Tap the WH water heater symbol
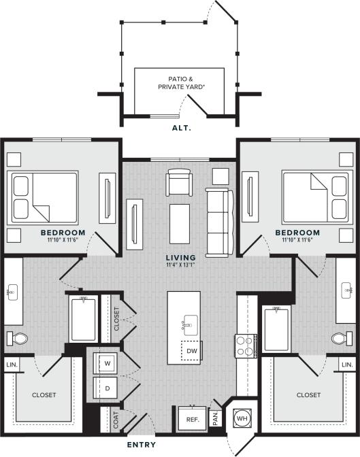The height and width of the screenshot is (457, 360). click(242, 418)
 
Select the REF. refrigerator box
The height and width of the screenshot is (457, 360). click(192, 420)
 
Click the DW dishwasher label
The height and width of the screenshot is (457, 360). click(192, 351)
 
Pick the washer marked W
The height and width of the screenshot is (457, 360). click(108, 363)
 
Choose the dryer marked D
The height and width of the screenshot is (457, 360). click(108, 388)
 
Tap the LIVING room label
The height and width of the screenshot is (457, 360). click(180, 257)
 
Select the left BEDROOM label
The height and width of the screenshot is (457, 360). click(61, 233)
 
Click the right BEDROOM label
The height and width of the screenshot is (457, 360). click(297, 233)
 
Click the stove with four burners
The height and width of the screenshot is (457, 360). click(245, 345)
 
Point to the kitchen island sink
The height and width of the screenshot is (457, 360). click(189, 324)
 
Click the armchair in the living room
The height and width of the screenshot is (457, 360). click(180, 183)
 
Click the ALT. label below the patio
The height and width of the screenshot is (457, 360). click(180, 127)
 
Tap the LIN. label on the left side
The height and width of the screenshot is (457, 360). click(11, 365)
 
